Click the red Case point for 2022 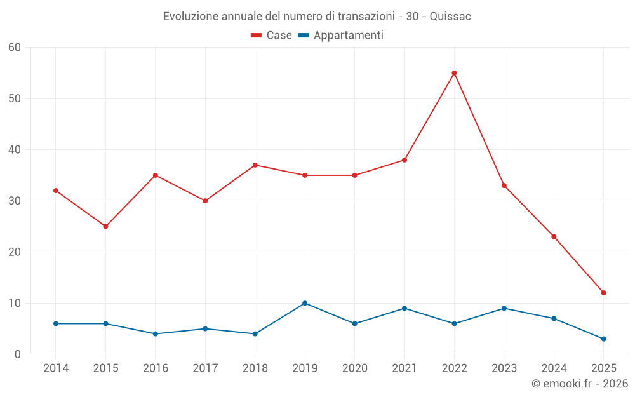[454, 73]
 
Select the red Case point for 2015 [105, 226]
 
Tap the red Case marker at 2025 [603, 293]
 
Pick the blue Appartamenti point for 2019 [305, 303]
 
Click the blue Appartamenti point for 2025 [603, 339]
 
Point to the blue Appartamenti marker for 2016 [156, 333]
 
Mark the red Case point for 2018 [255, 165]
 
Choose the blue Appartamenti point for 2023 [504, 308]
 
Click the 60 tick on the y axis [15, 48]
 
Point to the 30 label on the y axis [15, 201]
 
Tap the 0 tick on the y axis [18, 354]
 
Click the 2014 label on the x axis [56, 368]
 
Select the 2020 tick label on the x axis [355, 368]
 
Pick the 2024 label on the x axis [554, 368]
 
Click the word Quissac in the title [450, 17]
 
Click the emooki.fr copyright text [580, 384]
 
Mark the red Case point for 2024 [554, 237]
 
